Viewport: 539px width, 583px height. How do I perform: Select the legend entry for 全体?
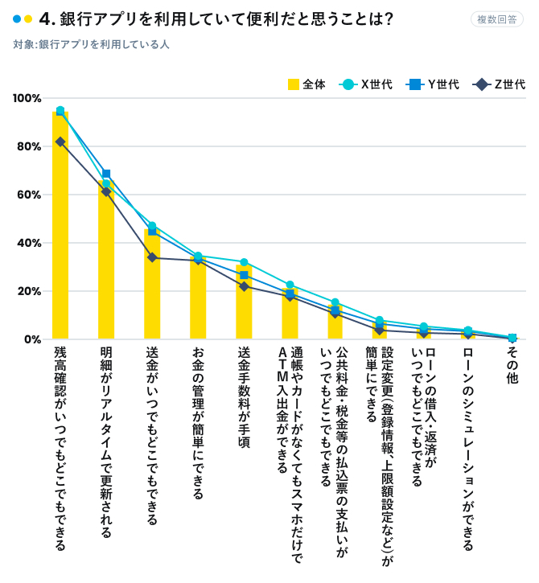307,84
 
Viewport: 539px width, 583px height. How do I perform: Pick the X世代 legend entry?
367,84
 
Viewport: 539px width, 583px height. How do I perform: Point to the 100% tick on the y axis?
27,98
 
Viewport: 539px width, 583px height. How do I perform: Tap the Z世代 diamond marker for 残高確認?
60,142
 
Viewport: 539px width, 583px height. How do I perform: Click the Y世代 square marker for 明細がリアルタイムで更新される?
106,174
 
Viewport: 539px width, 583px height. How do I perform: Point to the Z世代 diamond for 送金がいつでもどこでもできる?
152,257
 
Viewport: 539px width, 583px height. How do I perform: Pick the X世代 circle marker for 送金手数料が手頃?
244,262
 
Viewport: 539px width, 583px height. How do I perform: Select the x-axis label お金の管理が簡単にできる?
198,422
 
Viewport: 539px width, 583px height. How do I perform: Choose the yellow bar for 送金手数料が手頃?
244,306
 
